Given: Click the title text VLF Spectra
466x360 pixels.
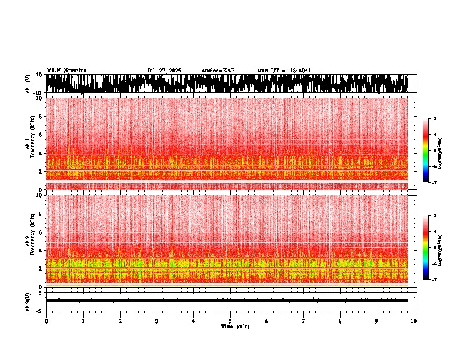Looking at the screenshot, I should [66, 70].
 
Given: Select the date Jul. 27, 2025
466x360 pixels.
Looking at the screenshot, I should [164, 71].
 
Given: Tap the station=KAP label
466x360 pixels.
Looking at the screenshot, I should [218, 71].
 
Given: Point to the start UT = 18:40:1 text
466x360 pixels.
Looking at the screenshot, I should [284, 71].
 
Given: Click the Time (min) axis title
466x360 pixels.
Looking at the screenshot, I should [235, 326].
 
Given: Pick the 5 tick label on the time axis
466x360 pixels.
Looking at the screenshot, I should [230, 321].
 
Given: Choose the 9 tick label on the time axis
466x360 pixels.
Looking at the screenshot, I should [377, 321].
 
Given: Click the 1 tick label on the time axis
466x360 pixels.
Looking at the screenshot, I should [83, 321].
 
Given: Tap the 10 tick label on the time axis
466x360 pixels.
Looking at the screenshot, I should [414, 321].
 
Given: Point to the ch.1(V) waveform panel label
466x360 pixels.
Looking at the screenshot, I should [28, 84].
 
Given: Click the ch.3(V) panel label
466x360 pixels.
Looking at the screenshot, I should [28, 301].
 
